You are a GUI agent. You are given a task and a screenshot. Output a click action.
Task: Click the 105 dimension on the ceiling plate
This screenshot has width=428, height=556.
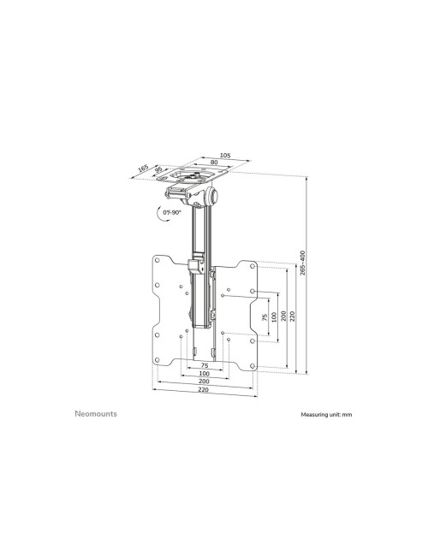point(225,156)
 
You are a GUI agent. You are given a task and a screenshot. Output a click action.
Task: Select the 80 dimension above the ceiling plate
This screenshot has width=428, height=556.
point(214,162)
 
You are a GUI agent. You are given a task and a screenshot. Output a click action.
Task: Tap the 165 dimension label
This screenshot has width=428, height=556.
point(143,168)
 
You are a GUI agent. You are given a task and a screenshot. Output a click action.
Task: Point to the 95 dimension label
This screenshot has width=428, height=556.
point(158,169)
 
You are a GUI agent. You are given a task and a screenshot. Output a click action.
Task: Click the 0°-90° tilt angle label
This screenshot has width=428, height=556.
point(172,212)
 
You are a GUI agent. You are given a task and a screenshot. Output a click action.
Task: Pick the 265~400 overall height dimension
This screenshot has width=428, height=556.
point(302,263)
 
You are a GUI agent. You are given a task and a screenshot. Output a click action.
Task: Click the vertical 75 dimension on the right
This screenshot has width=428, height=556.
point(265,317)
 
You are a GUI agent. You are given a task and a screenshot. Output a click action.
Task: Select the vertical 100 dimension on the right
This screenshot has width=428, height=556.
point(274,317)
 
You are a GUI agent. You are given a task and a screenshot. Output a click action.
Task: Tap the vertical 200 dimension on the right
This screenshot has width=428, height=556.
point(283,316)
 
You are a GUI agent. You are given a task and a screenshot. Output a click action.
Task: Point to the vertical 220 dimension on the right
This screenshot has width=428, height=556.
point(292,316)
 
